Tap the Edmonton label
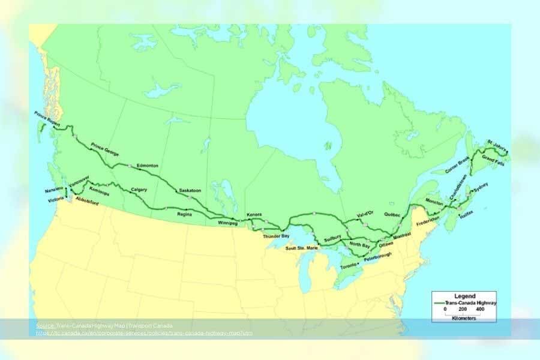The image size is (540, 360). pos(147,165)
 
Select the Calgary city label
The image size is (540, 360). pos(139,190)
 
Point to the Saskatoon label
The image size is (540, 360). pos(190,191)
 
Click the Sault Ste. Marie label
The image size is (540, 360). pos(299,248)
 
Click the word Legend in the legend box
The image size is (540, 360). pos(465,296)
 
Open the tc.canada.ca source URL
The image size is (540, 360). pos(144,332)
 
